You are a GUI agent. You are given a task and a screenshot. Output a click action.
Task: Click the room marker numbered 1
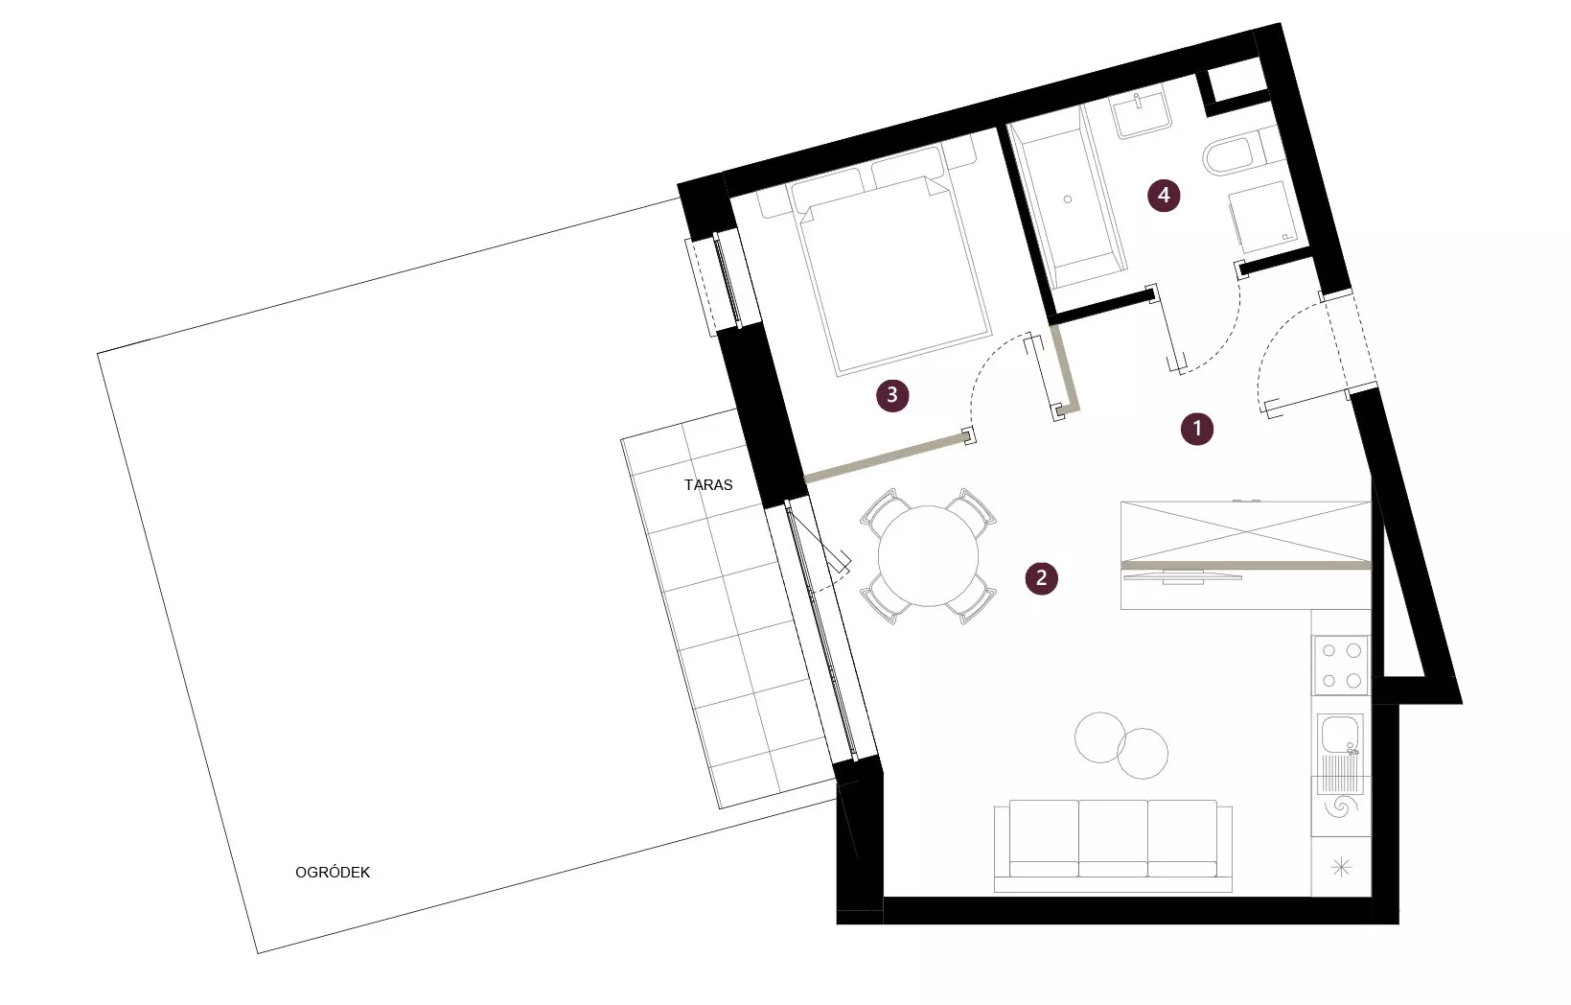click(1196, 429)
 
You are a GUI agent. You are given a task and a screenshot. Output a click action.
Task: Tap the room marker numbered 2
click(1041, 578)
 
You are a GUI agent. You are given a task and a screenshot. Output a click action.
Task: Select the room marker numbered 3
click(892, 395)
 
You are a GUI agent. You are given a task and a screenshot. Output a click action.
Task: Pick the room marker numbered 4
click(1164, 195)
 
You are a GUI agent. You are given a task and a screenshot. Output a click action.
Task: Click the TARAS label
click(708, 485)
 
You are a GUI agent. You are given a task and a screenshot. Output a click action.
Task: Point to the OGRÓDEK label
click(333, 873)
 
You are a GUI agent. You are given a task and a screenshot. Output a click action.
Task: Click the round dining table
click(928, 556)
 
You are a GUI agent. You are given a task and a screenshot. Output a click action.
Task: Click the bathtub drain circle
click(1068, 199)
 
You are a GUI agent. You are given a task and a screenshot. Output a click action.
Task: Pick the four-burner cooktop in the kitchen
click(1340, 666)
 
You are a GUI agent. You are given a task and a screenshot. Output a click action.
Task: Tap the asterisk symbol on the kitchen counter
click(1341, 868)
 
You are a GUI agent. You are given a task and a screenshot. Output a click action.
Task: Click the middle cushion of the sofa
click(1113, 838)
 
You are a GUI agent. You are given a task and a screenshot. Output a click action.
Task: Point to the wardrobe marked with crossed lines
click(1245, 531)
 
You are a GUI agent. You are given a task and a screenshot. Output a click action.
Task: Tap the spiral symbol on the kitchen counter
click(1340, 806)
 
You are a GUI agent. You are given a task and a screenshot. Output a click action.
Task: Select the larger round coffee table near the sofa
click(1143, 753)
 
